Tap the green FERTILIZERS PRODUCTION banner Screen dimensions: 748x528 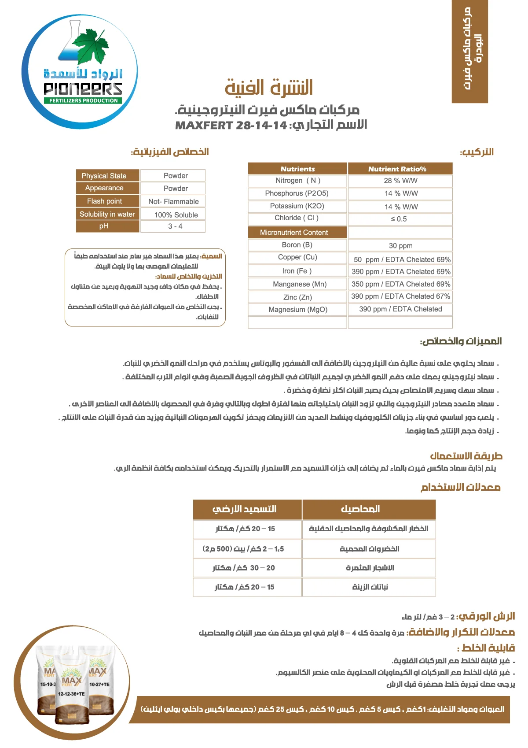point(83,100)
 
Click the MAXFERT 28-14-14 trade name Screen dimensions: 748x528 point(231,126)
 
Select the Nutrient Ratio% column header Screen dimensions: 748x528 point(400,169)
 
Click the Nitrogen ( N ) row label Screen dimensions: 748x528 point(298,181)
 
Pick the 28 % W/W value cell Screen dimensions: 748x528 point(400,181)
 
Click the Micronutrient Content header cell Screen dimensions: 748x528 point(297,232)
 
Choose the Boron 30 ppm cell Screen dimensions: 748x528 point(400,245)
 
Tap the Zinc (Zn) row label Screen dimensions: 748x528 point(298,297)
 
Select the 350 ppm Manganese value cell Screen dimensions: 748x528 point(400,284)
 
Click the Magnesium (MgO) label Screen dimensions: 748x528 point(298,309)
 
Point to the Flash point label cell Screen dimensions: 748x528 point(105,201)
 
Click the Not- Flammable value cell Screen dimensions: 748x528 point(173,201)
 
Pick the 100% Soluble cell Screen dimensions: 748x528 point(176,215)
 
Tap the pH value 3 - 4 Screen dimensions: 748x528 point(175,226)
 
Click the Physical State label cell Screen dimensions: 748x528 point(104,176)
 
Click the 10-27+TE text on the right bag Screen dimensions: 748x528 point(99,684)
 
